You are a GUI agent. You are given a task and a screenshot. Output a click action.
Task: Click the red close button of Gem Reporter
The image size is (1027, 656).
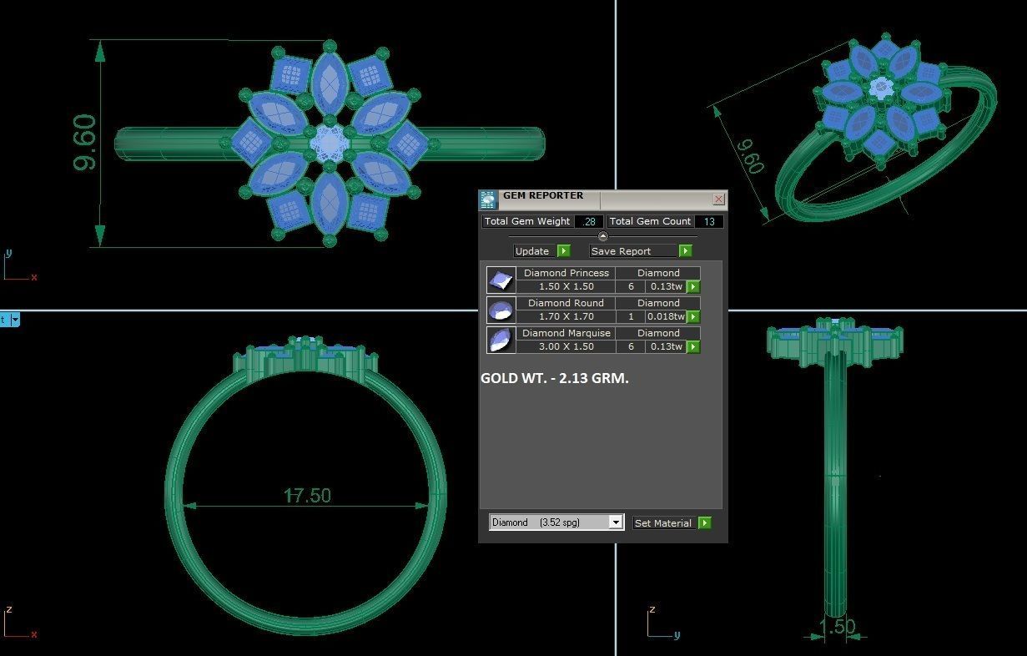click(718, 199)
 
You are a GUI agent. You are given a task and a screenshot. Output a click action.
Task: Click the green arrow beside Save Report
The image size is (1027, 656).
click(685, 251)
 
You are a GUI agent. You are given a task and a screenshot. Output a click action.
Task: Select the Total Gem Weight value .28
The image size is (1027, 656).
click(589, 222)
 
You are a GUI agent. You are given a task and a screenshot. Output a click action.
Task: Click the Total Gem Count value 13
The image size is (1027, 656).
click(709, 222)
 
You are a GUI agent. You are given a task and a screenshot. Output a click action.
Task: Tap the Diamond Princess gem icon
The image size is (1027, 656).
click(501, 280)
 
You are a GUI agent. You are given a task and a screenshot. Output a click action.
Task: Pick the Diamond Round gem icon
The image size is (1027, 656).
click(501, 310)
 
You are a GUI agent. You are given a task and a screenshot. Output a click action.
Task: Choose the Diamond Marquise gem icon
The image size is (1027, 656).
click(501, 340)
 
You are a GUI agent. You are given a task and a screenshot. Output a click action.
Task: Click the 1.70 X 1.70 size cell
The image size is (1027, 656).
click(566, 317)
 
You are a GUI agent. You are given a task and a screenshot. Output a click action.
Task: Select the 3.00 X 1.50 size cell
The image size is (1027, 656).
click(566, 347)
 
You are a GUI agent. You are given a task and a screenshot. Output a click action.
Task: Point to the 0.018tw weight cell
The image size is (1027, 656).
click(666, 317)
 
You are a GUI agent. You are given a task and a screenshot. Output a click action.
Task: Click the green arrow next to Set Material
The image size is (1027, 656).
click(705, 523)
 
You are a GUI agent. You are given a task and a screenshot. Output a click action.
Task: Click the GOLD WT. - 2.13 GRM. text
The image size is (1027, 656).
click(555, 378)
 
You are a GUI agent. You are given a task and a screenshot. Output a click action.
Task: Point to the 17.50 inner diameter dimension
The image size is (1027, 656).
click(307, 496)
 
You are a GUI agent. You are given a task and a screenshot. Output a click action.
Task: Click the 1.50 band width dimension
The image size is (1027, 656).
click(837, 627)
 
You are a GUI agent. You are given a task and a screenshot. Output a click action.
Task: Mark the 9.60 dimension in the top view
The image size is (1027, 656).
click(85, 143)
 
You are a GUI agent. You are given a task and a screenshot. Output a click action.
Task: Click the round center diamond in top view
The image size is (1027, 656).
click(330, 144)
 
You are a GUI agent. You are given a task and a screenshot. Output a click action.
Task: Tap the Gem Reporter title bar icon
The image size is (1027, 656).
click(488, 199)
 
